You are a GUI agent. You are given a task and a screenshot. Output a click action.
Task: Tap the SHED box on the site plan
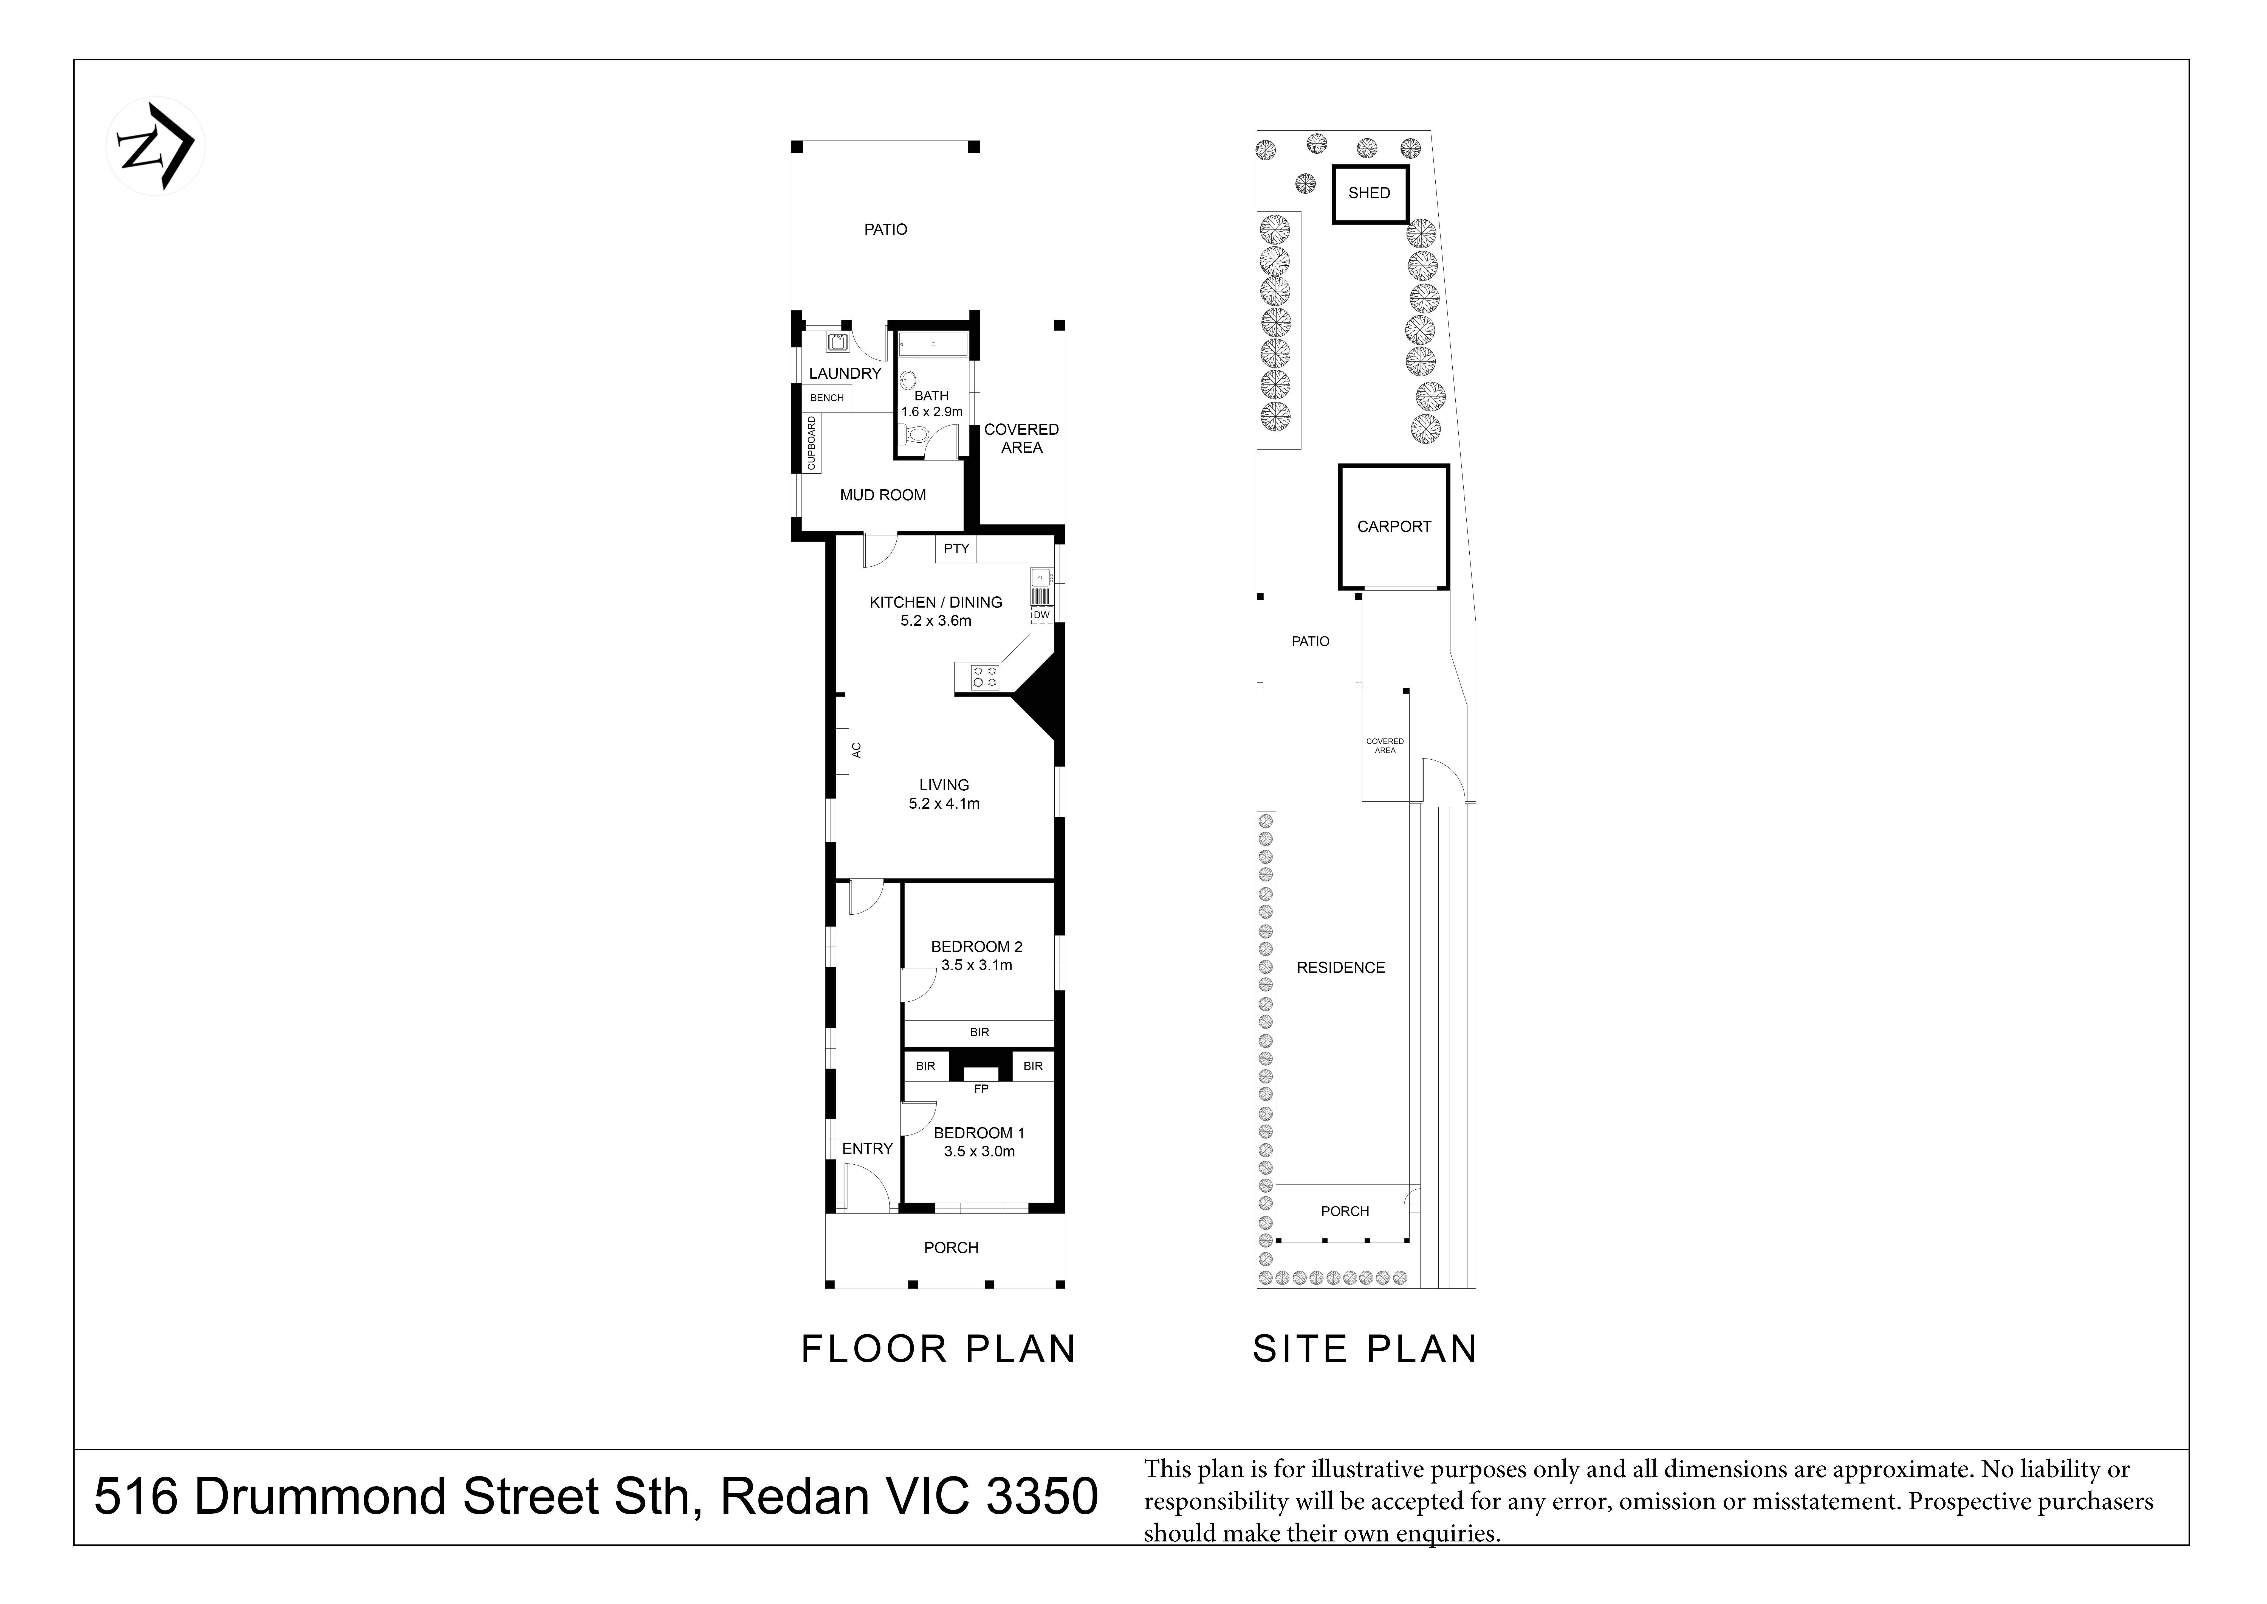[x=1370, y=193]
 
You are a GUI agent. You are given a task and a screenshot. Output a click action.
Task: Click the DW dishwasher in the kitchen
[x=1042, y=614]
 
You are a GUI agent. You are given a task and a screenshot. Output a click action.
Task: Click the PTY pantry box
[x=956, y=549]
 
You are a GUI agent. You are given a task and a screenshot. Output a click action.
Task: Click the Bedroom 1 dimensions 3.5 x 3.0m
[x=979, y=1152]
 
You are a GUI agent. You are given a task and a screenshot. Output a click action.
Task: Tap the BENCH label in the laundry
[x=828, y=398]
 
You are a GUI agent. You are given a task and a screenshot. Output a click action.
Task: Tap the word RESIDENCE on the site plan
[x=1341, y=968]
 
